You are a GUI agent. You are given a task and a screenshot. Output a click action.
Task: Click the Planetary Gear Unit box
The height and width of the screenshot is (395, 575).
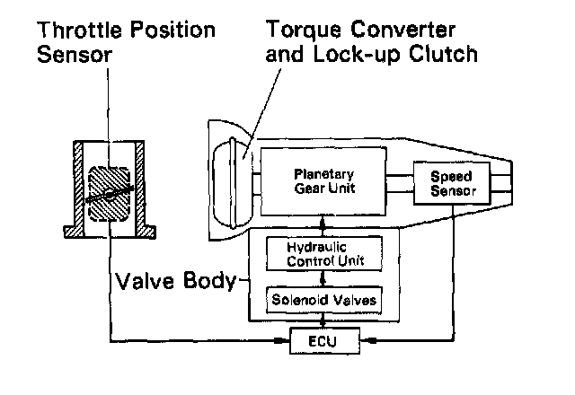pyautogui.click(x=325, y=181)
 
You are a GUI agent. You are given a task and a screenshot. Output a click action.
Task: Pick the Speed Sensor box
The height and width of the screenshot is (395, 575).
pyautogui.click(x=453, y=182)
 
